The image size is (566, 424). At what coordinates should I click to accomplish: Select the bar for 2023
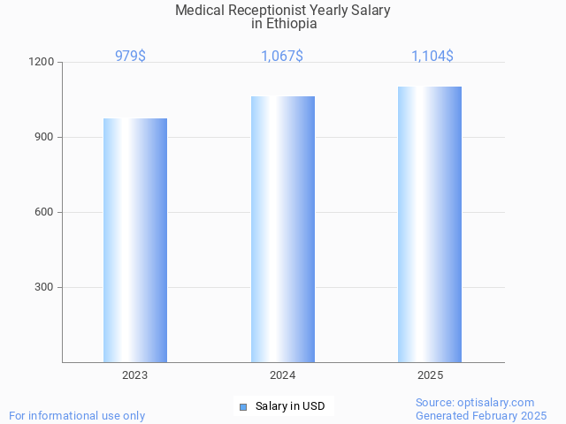pos(135,240)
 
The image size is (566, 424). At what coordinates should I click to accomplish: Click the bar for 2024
pos(283,229)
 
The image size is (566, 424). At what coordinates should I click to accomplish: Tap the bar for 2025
pos(430,224)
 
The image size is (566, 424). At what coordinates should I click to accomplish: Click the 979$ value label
pos(131,56)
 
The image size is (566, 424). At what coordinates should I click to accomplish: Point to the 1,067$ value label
pos(282,56)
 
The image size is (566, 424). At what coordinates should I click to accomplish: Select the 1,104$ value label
pos(432,56)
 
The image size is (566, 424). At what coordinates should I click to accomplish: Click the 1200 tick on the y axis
pos(42,63)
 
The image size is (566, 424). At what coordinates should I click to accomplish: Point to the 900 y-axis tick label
pos(44,138)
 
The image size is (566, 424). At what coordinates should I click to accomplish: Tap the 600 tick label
pos(44,213)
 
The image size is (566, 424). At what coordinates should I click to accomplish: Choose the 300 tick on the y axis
pos(44,288)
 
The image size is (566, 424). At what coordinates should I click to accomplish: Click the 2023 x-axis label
pos(135,375)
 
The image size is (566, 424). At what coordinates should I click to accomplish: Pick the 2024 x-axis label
pos(283,375)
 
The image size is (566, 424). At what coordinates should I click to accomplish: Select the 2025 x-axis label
pos(431,375)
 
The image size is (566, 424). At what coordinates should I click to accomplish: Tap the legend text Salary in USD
pos(290,406)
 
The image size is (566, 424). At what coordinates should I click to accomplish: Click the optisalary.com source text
pos(475,402)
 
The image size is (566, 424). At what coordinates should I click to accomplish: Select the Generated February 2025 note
pos(481,415)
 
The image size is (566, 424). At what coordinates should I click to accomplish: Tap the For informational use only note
pos(77,415)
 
